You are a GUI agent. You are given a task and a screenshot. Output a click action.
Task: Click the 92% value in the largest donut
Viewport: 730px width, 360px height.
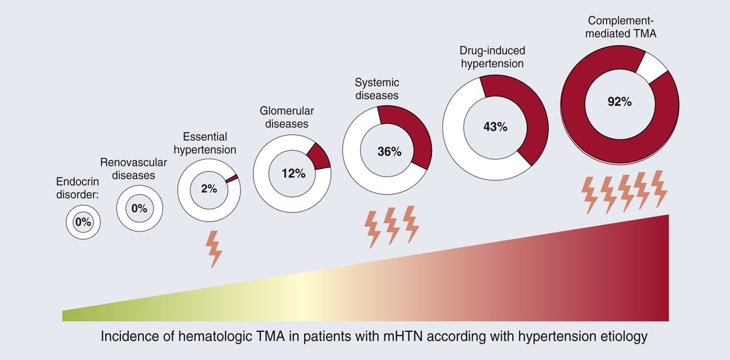[619, 102]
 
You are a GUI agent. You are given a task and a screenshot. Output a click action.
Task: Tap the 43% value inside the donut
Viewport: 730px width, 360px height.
[495, 127]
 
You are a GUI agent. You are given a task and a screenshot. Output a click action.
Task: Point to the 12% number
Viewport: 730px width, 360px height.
[293, 173]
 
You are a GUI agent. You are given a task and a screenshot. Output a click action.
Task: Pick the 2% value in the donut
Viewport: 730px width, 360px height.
[209, 189]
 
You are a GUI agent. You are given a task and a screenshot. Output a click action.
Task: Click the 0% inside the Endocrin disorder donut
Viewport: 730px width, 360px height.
[83, 223]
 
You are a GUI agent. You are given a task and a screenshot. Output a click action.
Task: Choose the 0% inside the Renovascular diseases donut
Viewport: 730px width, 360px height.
[139, 209]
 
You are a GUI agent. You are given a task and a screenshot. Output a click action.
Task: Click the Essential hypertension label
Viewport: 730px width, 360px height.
[209, 142]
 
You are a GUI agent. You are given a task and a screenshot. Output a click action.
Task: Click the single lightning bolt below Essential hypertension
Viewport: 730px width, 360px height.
[214, 249]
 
